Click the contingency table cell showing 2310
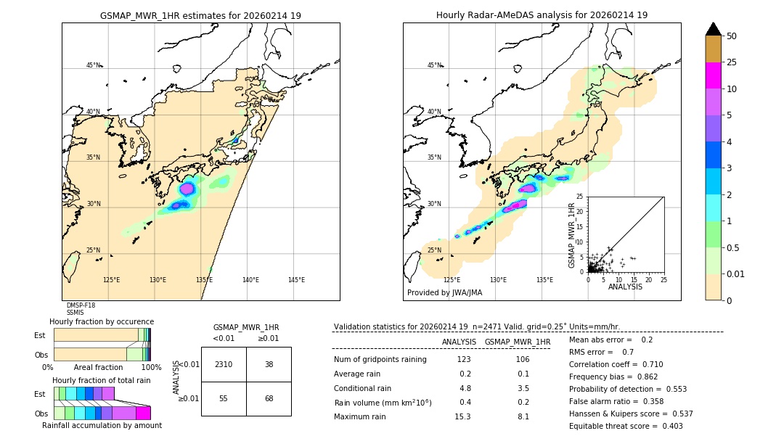click(x=224, y=364)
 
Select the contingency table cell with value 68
click(x=269, y=399)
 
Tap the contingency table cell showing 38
click(x=269, y=364)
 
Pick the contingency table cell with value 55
click(x=224, y=399)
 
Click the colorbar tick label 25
click(x=732, y=62)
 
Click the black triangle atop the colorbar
click(x=713, y=29)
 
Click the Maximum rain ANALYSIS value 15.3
click(x=463, y=416)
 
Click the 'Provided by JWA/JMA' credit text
click(x=444, y=293)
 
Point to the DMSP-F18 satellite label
click(x=81, y=305)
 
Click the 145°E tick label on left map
click(x=296, y=280)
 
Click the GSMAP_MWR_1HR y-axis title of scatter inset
click(x=571, y=235)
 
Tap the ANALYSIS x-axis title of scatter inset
click(x=625, y=287)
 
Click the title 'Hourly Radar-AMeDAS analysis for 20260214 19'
click(x=542, y=15)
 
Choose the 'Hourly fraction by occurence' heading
click(x=102, y=321)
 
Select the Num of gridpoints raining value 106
click(x=523, y=360)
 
